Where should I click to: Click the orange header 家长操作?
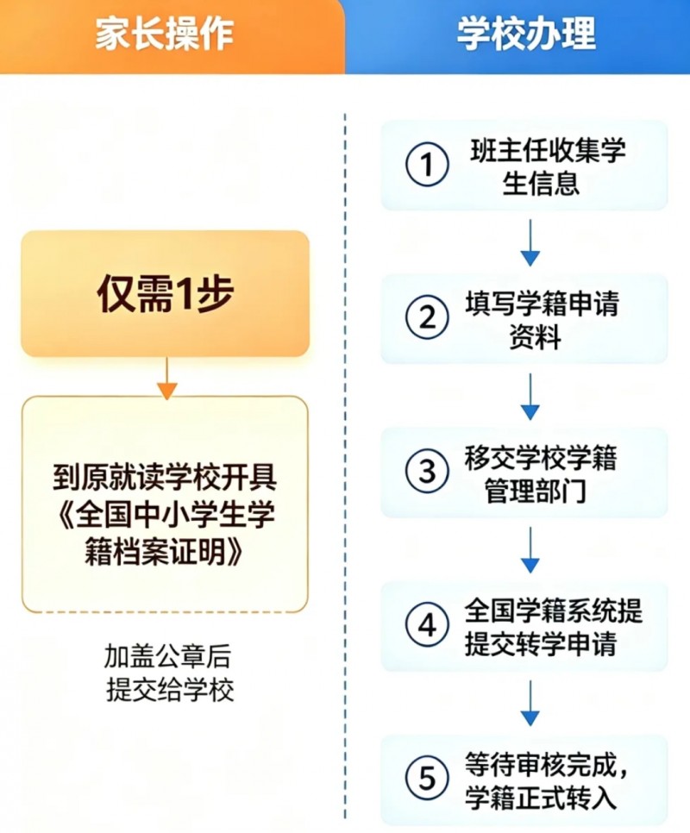pos(164,34)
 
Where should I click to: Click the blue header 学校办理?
pos(526,34)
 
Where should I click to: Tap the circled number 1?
pos(427,164)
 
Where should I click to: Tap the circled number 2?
pos(427,317)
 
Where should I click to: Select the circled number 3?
pos(427,471)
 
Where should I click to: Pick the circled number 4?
pos(427,624)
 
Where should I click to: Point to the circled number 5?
pos(427,779)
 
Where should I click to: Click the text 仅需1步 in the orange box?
pos(166,294)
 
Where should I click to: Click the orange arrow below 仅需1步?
pos(166,379)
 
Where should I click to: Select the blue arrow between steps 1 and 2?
pos(530,243)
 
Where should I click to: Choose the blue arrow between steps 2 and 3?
pos(530,397)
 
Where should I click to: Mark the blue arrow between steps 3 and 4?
pos(530,550)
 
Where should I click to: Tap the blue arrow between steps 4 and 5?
pos(530,704)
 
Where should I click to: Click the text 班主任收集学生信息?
pos(548,166)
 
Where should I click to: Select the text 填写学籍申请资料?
pos(542,320)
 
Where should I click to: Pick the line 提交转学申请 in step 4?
pos(541,644)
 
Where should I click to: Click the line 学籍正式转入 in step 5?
pos(541,798)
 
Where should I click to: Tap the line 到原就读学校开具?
pos(165,478)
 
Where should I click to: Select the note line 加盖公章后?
pos(167,656)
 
